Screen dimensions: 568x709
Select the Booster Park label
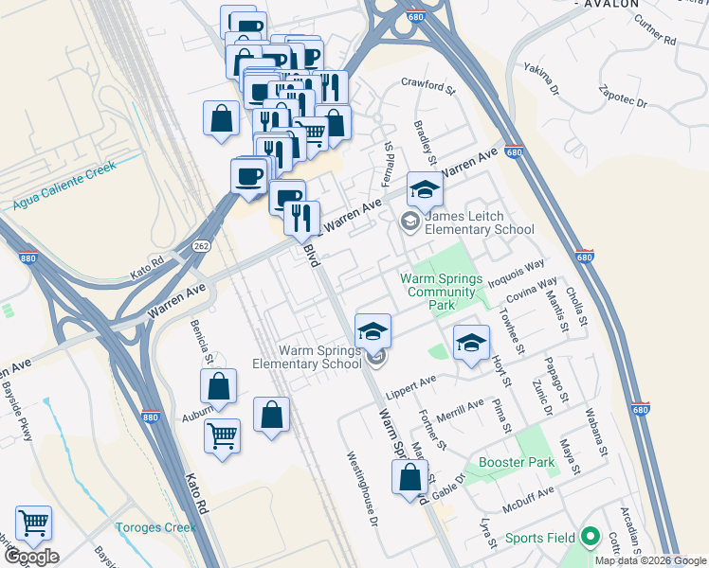517,463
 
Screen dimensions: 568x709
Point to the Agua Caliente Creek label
64,185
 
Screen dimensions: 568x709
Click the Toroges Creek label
155,527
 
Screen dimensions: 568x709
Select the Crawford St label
428,85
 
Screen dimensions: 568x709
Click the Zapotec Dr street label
623,98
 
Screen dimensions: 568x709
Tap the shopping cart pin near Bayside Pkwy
34,524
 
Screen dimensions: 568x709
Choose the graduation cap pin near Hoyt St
471,345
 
